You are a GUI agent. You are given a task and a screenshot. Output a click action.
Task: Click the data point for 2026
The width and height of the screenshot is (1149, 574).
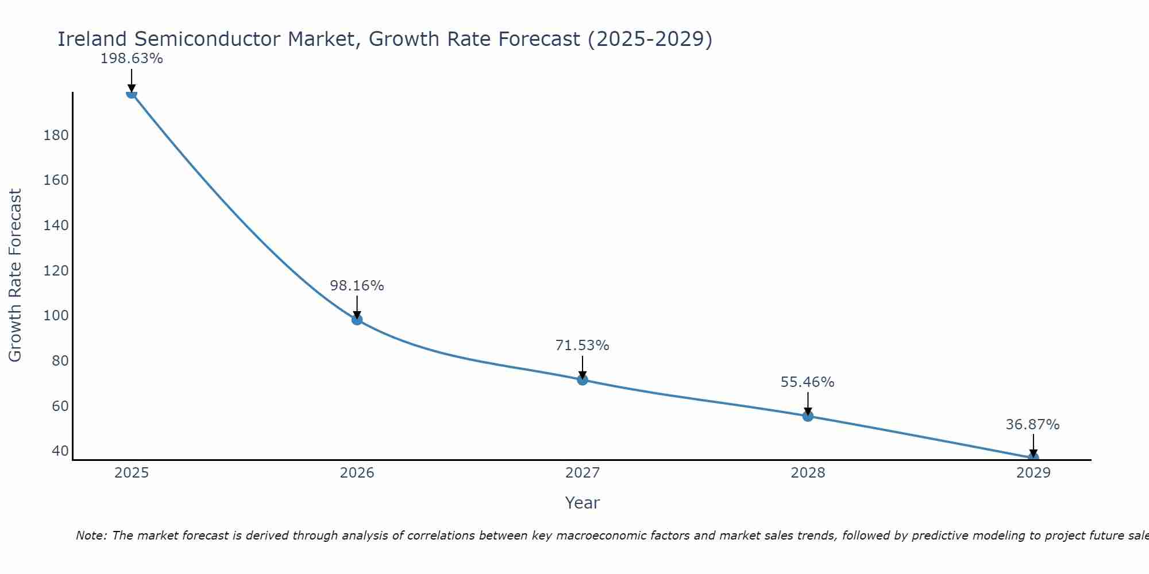357,320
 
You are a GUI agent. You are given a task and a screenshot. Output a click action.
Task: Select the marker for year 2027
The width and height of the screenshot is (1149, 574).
583,379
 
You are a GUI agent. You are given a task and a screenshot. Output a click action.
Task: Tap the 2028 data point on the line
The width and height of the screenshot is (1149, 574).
808,416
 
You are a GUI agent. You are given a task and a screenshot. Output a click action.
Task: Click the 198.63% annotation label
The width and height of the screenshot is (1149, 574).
132,59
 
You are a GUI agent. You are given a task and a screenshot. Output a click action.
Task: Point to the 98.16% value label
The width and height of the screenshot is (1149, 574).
357,286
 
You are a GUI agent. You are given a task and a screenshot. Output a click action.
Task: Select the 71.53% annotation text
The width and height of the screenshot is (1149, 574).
582,346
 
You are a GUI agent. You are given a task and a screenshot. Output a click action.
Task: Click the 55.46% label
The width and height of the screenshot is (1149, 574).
807,382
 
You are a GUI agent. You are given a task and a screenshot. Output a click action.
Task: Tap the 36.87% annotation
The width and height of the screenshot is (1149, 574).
1032,425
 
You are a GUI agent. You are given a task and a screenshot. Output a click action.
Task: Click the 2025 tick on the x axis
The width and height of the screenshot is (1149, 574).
132,473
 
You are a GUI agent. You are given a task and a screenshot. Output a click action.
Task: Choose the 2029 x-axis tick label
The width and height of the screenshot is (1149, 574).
1034,473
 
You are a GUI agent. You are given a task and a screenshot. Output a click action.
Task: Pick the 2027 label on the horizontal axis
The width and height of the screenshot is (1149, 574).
583,473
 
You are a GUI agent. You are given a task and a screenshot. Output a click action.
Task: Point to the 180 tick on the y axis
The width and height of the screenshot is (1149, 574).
56,135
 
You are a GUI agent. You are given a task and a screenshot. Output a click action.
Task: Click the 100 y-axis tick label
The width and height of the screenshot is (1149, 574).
56,316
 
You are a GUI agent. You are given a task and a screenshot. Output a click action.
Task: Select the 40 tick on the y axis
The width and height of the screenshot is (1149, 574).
60,451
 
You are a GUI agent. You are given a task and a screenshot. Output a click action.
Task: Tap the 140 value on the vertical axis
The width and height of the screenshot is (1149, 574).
56,226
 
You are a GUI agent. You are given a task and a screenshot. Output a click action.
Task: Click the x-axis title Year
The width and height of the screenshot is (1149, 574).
582,503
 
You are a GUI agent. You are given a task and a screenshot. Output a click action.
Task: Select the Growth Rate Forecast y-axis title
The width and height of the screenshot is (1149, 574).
15,276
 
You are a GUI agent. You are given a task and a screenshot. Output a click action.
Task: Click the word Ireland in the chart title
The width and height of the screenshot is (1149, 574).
92,39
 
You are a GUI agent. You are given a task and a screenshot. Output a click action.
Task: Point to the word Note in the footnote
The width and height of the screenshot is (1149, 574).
91,536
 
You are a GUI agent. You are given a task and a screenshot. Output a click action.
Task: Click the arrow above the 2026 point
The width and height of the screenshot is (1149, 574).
357,307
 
